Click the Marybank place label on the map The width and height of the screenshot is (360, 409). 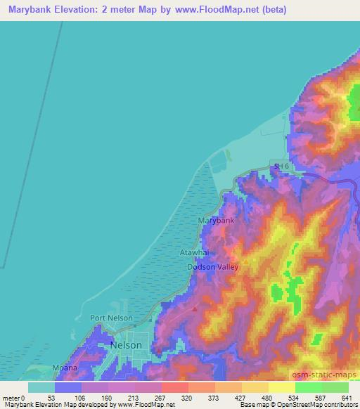(x=216, y=221)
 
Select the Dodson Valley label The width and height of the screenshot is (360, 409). (x=213, y=267)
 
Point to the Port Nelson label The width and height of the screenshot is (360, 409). (x=112, y=318)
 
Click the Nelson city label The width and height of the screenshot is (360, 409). (x=127, y=346)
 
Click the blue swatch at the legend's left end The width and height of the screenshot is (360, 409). (x=41, y=387)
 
